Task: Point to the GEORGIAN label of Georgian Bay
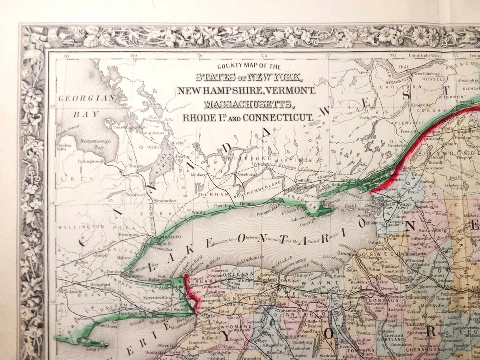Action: pos(79,99)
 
